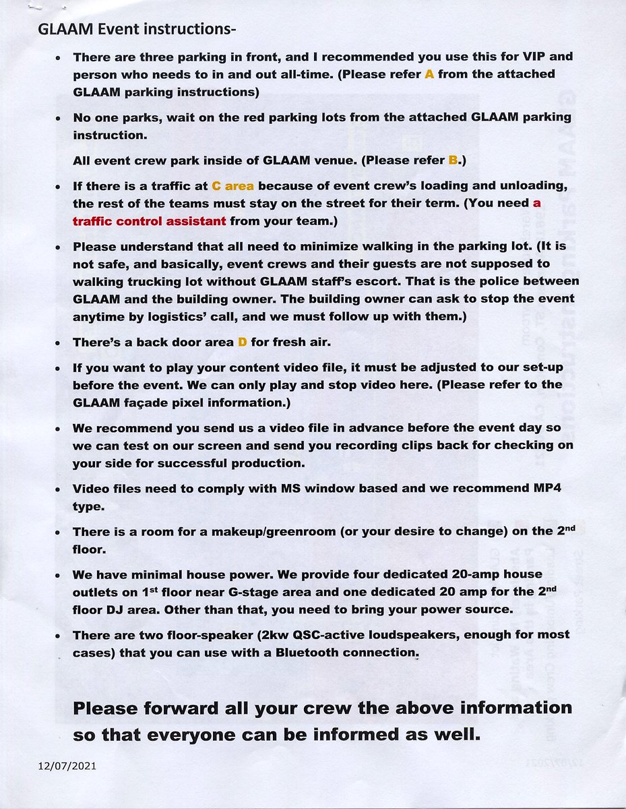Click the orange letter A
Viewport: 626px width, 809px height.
pyautogui.click(x=429, y=74)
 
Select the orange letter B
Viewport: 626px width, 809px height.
pyautogui.click(x=453, y=160)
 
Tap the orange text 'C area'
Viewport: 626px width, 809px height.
pyautogui.click(x=232, y=186)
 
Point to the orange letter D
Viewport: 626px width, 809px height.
pyautogui.click(x=243, y=342)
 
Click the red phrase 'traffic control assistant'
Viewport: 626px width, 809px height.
pyautogui.click(x=149, y=220)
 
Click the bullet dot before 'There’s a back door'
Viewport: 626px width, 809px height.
pyautogui.click(x=59, y=343)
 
